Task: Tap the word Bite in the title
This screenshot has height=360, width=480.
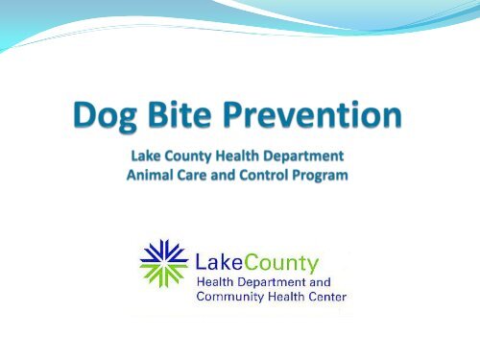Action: (x=199, y=119)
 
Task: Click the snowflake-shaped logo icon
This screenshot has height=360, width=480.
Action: (x=163, y=263)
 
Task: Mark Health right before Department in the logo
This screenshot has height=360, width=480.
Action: (x=216, y=281)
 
